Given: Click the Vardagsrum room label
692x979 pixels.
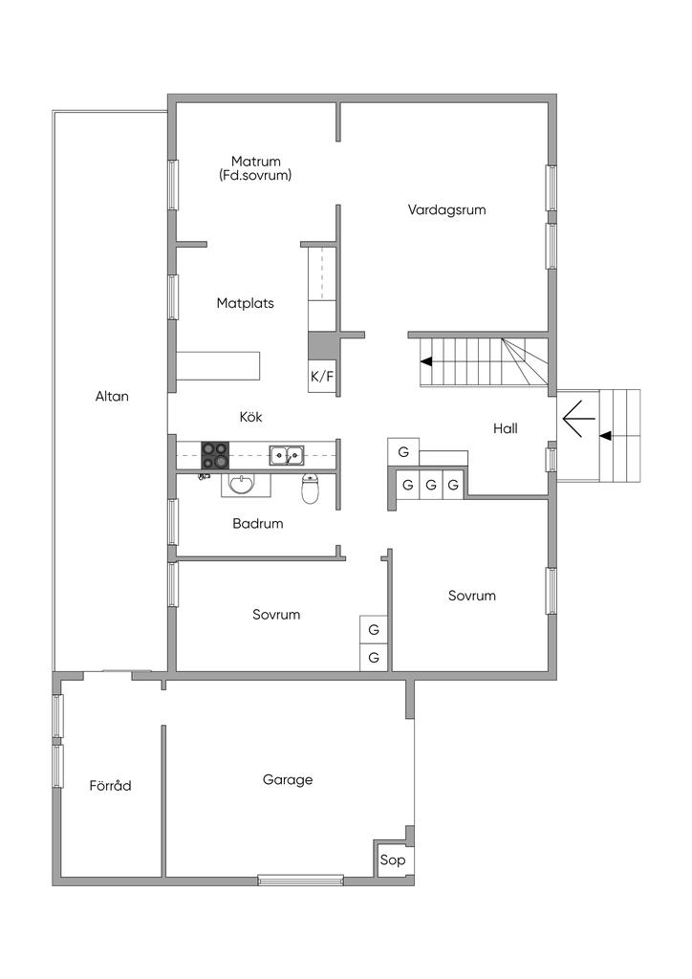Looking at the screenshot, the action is click(x=446, y=209).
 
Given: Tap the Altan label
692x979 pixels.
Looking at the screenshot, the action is click(x=113, y=396).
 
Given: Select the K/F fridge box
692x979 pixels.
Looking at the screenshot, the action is click(x=322, y=377).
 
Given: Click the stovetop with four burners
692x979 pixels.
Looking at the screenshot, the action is click(x=215, y=455).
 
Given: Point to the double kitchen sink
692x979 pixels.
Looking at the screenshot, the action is click(x=287, y=456).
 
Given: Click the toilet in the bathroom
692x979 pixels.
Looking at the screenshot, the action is click(x=310, y=489).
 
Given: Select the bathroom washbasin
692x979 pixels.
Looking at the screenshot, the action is click(x=242, y=484).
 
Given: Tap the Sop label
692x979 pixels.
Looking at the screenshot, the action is click(x=393, y=859).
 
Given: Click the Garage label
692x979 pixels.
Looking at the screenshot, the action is click(x=288, y=780).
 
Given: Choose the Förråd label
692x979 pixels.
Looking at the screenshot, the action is click(x=111, y=785).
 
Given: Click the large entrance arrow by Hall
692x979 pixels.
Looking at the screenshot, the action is click(x=574, y=417).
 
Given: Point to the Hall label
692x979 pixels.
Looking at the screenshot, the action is click(x=506, y=428).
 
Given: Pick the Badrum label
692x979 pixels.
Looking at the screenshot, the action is click(x=258, y=523).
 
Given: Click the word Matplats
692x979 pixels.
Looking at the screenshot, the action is click(x=246, y=303).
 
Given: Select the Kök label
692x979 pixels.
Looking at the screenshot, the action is click(x=250, y=417).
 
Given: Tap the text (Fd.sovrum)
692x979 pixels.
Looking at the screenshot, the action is click(x=255, y=176).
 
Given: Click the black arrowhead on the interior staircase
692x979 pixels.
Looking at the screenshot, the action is click(x=426, y=360).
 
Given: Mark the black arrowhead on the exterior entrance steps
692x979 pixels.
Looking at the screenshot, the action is click(x=605, y=435).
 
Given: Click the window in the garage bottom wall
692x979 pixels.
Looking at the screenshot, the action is click(x=301, y=881).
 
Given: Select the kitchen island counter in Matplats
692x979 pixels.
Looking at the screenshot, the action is click(x=218, y=365).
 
